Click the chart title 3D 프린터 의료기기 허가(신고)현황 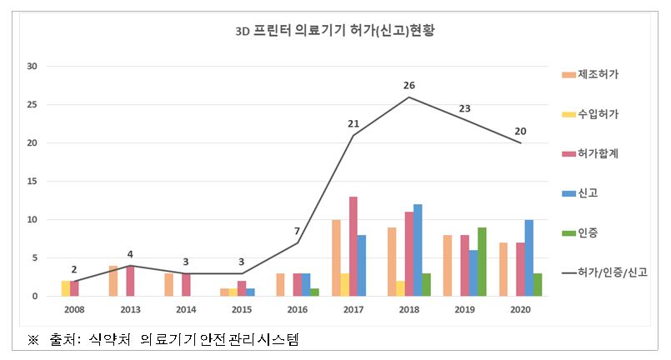[335, 32]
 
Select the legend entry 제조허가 [598, 75]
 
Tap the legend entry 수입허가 [598, 113]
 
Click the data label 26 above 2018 [408, 84]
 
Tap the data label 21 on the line [353, 124]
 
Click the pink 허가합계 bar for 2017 [353, 246]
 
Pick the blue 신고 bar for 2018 [418, 250]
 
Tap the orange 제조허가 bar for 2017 [335, 257]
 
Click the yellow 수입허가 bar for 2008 [66, 288]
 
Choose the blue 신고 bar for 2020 [529, 257]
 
